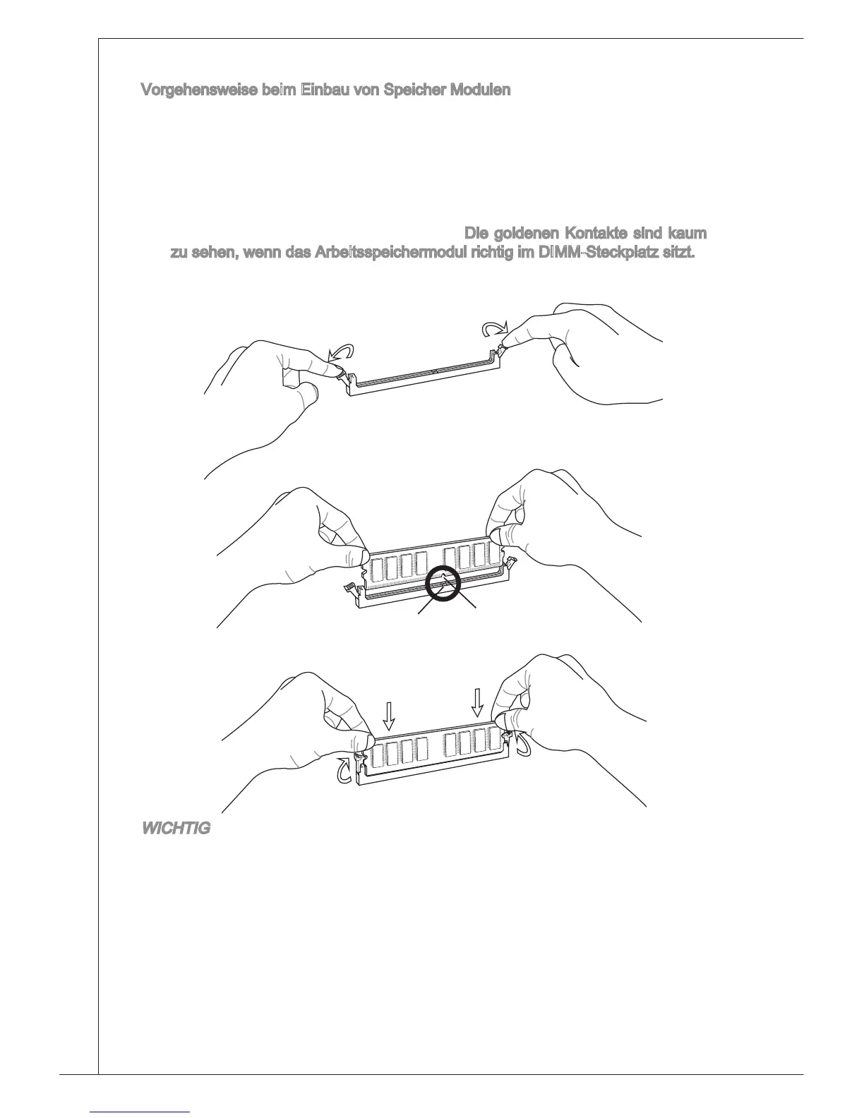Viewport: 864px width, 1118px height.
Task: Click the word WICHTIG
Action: (x=176, y=829)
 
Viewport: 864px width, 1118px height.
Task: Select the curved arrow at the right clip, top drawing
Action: (x=493, y=328)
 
